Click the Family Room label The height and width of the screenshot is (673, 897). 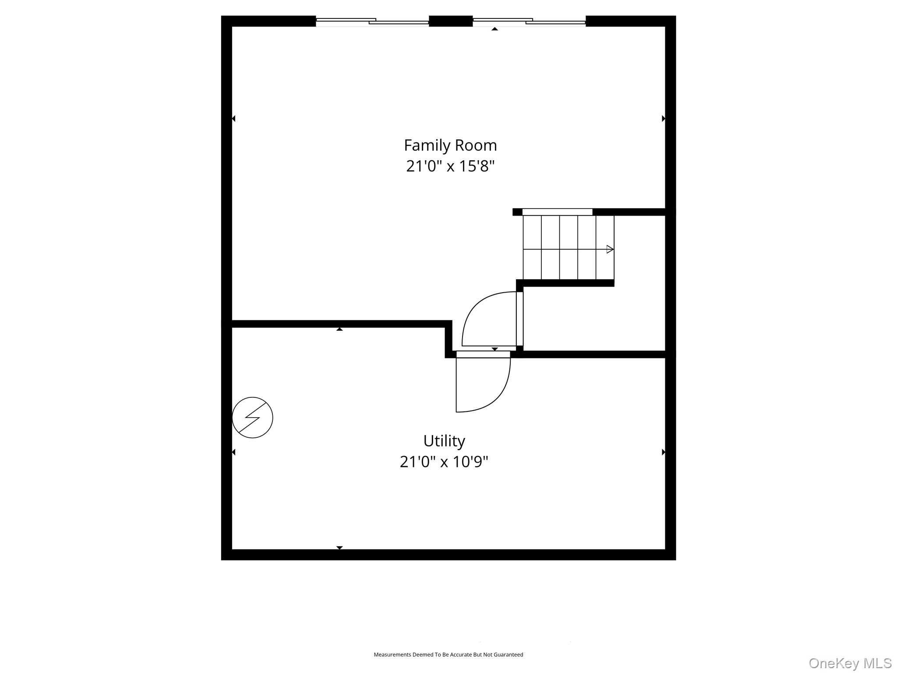point(450,145)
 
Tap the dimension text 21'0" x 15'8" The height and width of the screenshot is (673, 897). point(450,166)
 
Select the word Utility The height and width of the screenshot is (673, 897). point(444,440)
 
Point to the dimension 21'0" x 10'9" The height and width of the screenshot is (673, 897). point(444,462)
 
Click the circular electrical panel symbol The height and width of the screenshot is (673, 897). point(252,418)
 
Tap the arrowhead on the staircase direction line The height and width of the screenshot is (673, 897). point(610,249)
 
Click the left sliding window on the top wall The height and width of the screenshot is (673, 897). point(372,21)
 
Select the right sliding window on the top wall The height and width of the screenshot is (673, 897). point(529,21)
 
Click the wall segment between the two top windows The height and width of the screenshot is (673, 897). point(451,21)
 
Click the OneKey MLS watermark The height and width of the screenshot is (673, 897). point(850,663)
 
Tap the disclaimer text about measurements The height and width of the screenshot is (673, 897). point(448,655)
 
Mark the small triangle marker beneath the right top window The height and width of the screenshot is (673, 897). point(494,29)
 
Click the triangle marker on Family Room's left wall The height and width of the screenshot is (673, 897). point(233,119)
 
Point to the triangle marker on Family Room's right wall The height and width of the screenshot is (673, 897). point(663,119)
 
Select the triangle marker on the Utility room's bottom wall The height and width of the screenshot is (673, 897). point(339,548)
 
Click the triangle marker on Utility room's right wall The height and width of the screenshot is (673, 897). point(663,452)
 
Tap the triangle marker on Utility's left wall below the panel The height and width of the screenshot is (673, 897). point(233,452)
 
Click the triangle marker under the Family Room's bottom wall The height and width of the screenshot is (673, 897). point(339,329)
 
